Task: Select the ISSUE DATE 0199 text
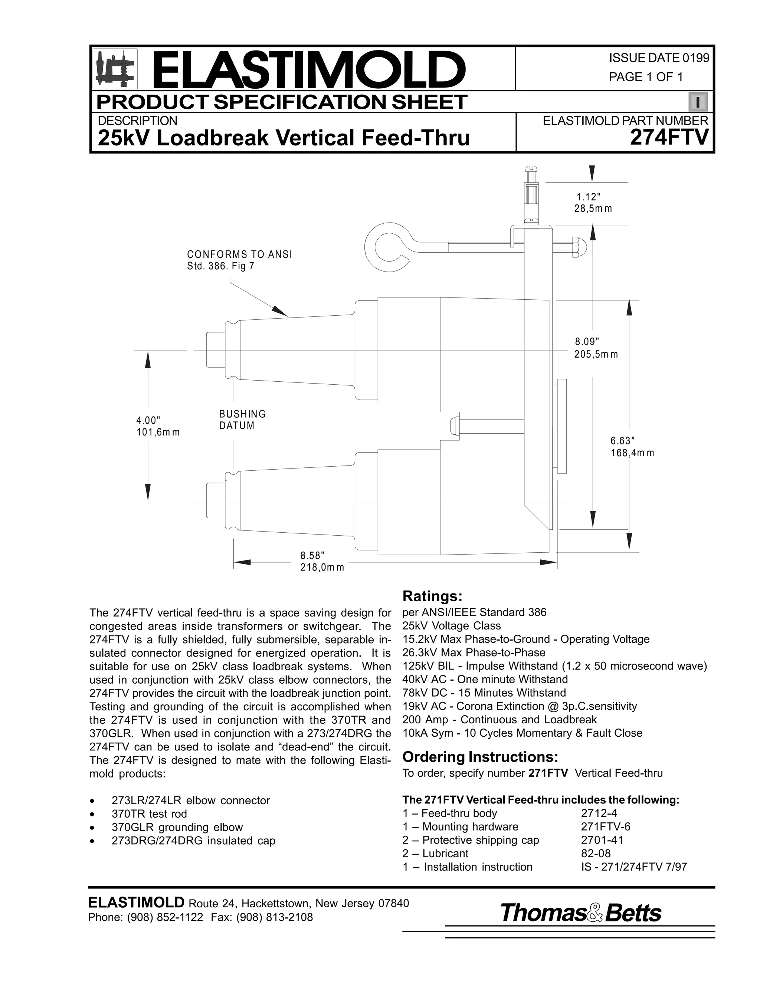pos(659,58)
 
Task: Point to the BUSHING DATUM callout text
pos(242,420)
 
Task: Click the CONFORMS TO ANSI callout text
pos(239,260)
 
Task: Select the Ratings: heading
pos(432,596)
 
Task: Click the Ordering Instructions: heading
pos(480,757)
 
